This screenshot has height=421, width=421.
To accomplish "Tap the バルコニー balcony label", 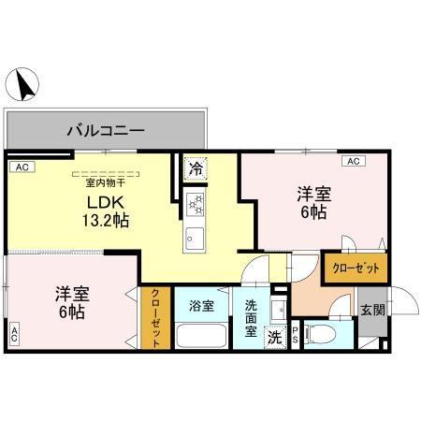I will pyautogui.click(x=105, y=129).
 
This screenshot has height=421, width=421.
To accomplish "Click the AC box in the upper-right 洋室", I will pyautogui.click(x=355, y=162).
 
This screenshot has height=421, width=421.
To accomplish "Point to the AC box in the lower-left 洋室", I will pyautogui.click(x=15, y=333).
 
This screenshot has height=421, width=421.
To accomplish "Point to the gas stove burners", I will pyautogui.click(x=196, y=203).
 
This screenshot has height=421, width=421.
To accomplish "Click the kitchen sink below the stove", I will pyautogui.click(x=196, y=234).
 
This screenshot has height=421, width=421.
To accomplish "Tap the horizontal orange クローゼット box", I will pyautogui.click(x=356, y=269).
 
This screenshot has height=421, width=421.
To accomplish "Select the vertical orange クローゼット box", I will pyautogui.click(x=156, y=316).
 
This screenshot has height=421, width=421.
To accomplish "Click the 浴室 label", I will pyautogui.click(x=201, y=306).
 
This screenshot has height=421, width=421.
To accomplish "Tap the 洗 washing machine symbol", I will pyautogui.click(x=275, y=336).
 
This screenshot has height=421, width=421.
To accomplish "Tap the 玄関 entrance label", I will pyautogui.click(x=371, y=310).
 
